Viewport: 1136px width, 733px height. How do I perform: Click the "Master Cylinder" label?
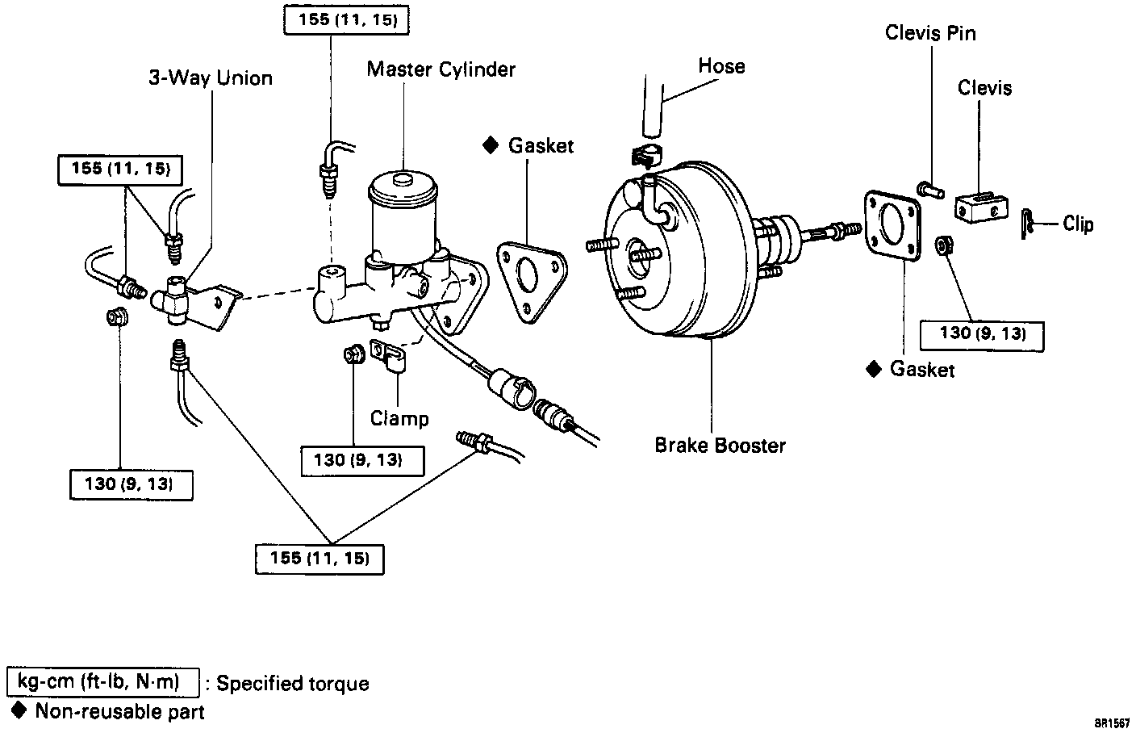[441, 69]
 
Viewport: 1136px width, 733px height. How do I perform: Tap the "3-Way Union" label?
[210, 78]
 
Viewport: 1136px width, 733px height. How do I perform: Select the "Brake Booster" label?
[720, 445]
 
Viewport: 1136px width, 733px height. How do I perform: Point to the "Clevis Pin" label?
[929, 33]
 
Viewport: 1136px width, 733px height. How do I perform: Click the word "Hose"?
[721, 66]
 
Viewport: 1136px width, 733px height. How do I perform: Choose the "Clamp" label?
[399, 418]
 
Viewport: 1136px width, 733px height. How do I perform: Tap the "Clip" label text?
[1078, 224]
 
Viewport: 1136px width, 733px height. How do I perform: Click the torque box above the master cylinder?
[347, 19]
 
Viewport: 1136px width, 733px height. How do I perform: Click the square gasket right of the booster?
[892, 225]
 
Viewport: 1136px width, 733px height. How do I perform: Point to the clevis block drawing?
[981, 207]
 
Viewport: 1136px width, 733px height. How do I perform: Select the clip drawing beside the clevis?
[1025, 224]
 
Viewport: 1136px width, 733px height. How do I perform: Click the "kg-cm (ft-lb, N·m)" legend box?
[102, 682]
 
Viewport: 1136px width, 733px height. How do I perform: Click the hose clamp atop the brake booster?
[644, 156]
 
